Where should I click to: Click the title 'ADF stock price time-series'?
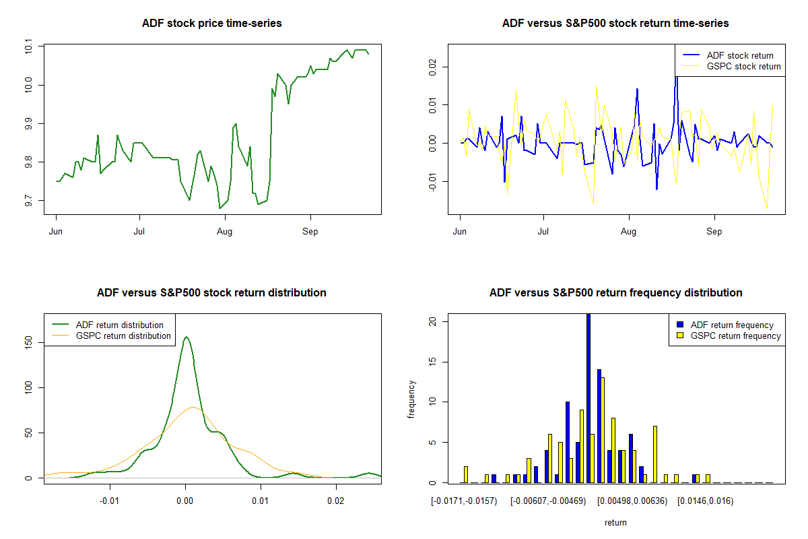pos(211,24)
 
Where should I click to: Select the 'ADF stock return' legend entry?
pos(739,55)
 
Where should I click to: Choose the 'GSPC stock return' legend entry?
pos(743,67)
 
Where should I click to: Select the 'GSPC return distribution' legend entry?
pos(123,336)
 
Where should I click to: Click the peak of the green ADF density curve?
pos(186,337)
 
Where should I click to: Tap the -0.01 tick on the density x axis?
pos(110,501)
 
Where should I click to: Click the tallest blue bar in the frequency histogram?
pos(588,398)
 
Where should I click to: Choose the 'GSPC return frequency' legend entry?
pos(735,336)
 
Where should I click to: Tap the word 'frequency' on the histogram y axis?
pos(411,400)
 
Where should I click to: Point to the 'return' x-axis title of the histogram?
pos(615,522)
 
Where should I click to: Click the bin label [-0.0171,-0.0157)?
pos(464,501)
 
